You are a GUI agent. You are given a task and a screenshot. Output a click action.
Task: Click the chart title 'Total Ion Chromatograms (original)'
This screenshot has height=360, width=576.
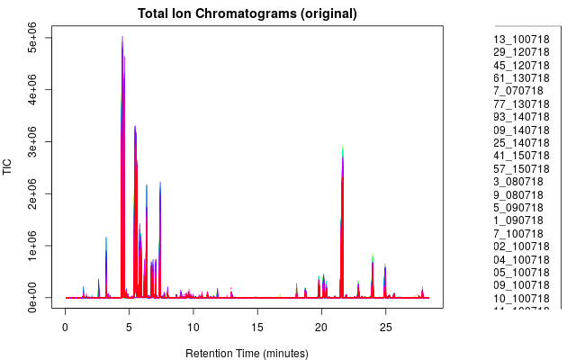point(247,13)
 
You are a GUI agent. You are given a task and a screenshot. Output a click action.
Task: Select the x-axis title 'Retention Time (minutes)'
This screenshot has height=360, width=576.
point(246,353)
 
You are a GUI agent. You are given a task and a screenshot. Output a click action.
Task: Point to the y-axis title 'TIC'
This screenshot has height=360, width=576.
point(8,166)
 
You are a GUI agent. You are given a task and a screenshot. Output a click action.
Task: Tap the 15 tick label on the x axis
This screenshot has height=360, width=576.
point(257,323)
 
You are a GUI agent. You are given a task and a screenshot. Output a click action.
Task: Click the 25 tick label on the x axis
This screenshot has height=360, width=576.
point(385,323)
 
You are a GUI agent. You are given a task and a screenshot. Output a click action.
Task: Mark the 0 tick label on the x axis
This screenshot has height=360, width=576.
point(65,323)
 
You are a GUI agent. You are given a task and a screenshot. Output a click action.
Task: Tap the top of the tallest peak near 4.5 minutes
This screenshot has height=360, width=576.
point(122,37)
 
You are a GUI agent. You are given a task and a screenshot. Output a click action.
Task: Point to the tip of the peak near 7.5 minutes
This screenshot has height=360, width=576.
point(160,183)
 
